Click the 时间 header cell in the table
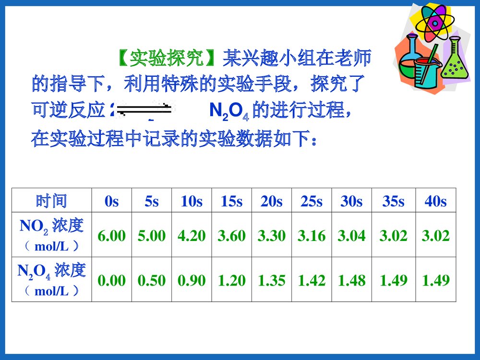[51, 201]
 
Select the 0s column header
[111, 202]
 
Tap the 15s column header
[231, 202]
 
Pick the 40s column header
[435, 202]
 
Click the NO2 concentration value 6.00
[111, 236]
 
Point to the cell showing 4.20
[192, 236]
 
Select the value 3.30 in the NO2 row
[271, 236]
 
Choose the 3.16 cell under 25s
[312, 236]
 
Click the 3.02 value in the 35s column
[393, 236]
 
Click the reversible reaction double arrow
[145, 110]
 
